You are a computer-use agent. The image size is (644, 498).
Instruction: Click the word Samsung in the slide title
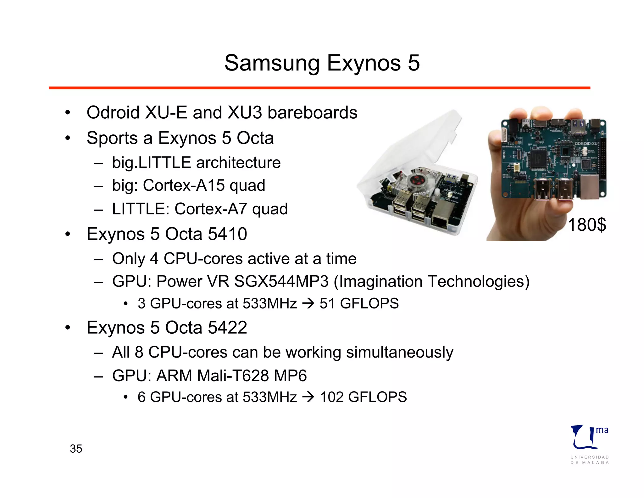click(x=272, y=63)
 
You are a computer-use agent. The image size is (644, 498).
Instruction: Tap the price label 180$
click(x=587, y=225)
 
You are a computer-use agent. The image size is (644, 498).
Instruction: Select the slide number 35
click(x=76, y=449)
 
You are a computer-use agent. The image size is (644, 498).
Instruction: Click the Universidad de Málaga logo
click(x=589, y=444)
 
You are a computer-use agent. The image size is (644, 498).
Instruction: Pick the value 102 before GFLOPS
click(x=331, y=397)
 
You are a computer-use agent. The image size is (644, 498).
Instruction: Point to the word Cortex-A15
click(x=184, y=185)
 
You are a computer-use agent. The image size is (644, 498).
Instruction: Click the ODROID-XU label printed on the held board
click(x=586, y=144)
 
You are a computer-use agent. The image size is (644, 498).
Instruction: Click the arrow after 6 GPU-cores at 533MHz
click(x=308, y=397)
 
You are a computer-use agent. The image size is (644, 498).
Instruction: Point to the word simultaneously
click(x=399, y=352)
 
